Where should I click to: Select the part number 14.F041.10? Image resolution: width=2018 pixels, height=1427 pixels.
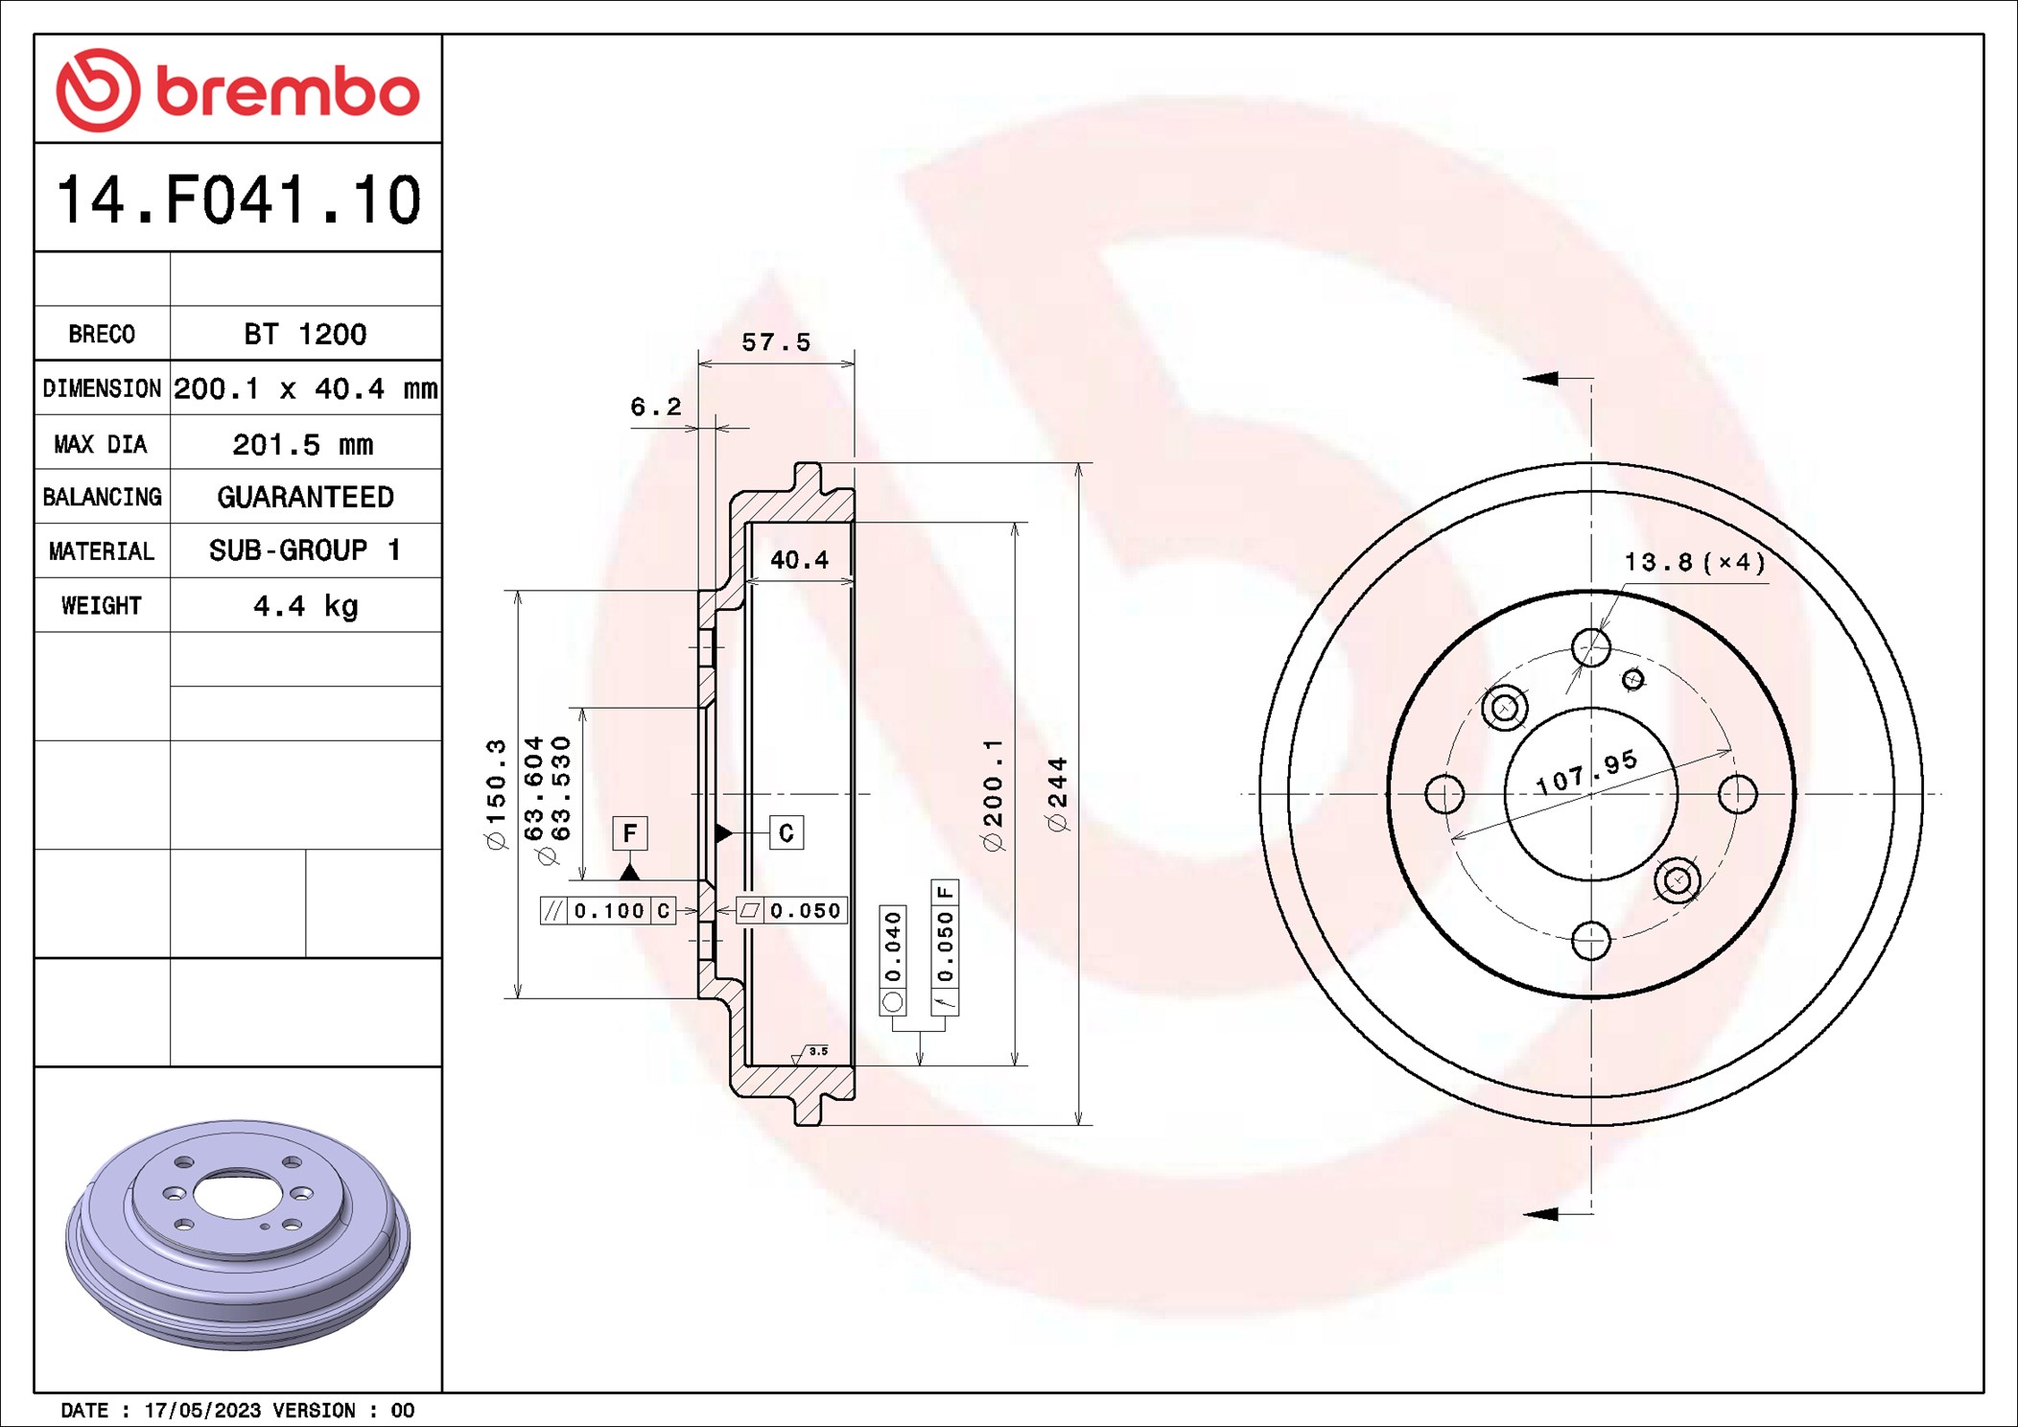coord(238,199)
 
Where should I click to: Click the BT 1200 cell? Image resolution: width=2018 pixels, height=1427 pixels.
coord(305,334)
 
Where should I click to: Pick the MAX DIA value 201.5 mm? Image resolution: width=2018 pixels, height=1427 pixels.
coord(303,444)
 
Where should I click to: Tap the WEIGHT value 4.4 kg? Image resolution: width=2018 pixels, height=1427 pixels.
coord(305,605)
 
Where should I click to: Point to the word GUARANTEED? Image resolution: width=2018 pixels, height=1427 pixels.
coord(305,497)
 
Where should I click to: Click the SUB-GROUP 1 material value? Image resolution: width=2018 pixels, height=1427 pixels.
coord(305,550)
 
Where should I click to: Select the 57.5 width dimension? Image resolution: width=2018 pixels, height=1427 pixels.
coord(775,342)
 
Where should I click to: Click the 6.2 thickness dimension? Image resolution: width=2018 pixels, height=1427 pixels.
coord(655,407)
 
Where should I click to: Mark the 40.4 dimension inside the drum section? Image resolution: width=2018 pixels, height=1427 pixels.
coord(799,559)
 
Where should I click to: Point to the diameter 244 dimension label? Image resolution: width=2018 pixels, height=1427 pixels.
coord(1057,794)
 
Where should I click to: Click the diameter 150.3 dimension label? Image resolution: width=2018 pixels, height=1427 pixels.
coord(495,794)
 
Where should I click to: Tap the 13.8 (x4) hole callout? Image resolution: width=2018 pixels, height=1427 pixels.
coord(1694,562)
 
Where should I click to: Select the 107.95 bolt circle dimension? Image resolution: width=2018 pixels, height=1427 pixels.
coord(1586,773)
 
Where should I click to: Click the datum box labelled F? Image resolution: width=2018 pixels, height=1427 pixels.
coord(630,832)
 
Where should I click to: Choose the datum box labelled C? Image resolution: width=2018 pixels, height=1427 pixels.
coord(786,832)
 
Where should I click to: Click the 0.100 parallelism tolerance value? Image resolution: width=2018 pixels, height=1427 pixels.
coord(609,910)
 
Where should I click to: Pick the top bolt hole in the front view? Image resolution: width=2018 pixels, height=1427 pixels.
coord(1591,647)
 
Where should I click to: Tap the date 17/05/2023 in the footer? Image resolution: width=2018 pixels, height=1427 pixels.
coord(202,1410)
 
